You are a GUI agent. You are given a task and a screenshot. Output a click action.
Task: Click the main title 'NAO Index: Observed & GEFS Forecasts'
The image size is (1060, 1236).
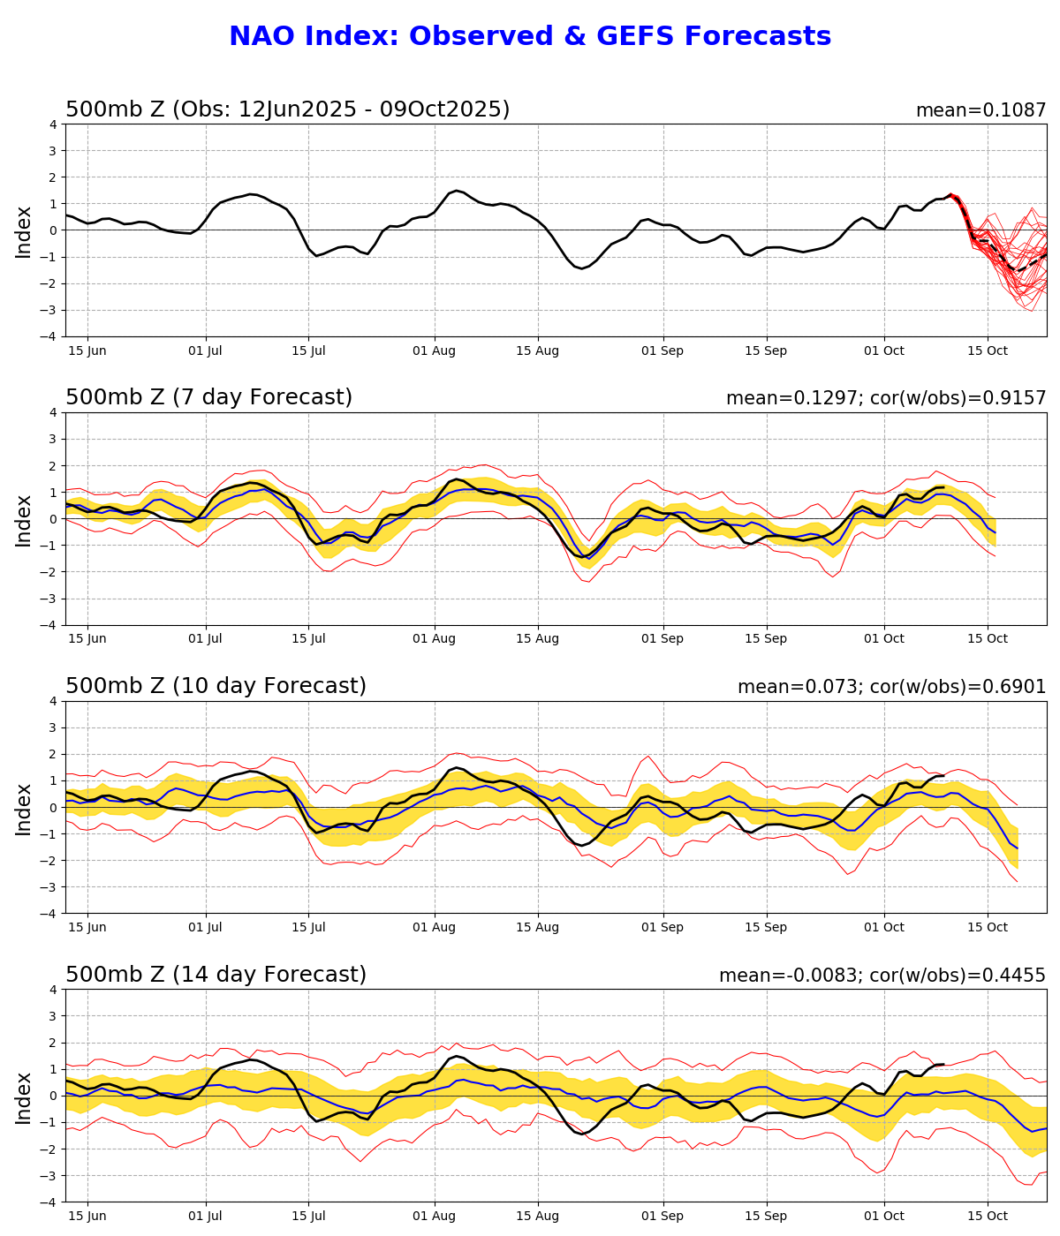[530, 37]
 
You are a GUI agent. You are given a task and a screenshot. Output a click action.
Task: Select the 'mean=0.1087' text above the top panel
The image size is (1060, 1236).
[980, 111]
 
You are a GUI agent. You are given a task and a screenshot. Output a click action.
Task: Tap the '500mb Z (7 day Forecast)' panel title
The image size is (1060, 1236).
[209, 398]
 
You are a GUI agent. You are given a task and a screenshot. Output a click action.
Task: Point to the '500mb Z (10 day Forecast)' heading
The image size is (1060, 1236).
[216, 687]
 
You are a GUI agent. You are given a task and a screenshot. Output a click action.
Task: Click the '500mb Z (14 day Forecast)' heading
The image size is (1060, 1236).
[216, 976]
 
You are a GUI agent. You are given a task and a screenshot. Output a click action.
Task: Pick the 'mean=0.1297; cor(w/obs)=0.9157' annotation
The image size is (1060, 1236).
[886, 399]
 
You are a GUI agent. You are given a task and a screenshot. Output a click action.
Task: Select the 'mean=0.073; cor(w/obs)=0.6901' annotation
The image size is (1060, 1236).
[891, 688]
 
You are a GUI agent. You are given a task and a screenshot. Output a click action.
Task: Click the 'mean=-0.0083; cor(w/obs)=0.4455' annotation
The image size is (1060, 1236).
[882, 976]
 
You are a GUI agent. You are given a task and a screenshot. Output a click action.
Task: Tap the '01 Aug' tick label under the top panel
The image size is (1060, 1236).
[435, 350]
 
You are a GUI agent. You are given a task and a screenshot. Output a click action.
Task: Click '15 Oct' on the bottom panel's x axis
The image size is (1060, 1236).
[987, 1217]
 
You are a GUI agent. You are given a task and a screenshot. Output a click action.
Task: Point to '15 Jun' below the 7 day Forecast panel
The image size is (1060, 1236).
[87, 639]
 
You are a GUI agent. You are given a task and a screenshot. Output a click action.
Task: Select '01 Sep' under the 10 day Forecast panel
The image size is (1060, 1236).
[662, 928]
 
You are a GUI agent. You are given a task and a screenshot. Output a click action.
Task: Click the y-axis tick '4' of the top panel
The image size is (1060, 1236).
[53, 124]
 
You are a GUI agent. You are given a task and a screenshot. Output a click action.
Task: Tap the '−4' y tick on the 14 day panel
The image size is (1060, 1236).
[49, 1202]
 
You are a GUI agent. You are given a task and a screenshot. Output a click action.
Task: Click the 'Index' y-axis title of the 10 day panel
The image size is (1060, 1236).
[24, 808]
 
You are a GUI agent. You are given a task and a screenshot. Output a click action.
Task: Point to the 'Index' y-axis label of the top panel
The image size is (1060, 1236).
[24, 230]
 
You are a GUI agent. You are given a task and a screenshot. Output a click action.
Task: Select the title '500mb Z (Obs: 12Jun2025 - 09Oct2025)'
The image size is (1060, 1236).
[288, 110]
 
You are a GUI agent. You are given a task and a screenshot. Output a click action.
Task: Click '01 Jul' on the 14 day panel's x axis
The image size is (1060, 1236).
[206, 1217]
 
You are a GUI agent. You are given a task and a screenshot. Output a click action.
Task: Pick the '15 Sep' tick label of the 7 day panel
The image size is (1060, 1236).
[765, 639]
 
